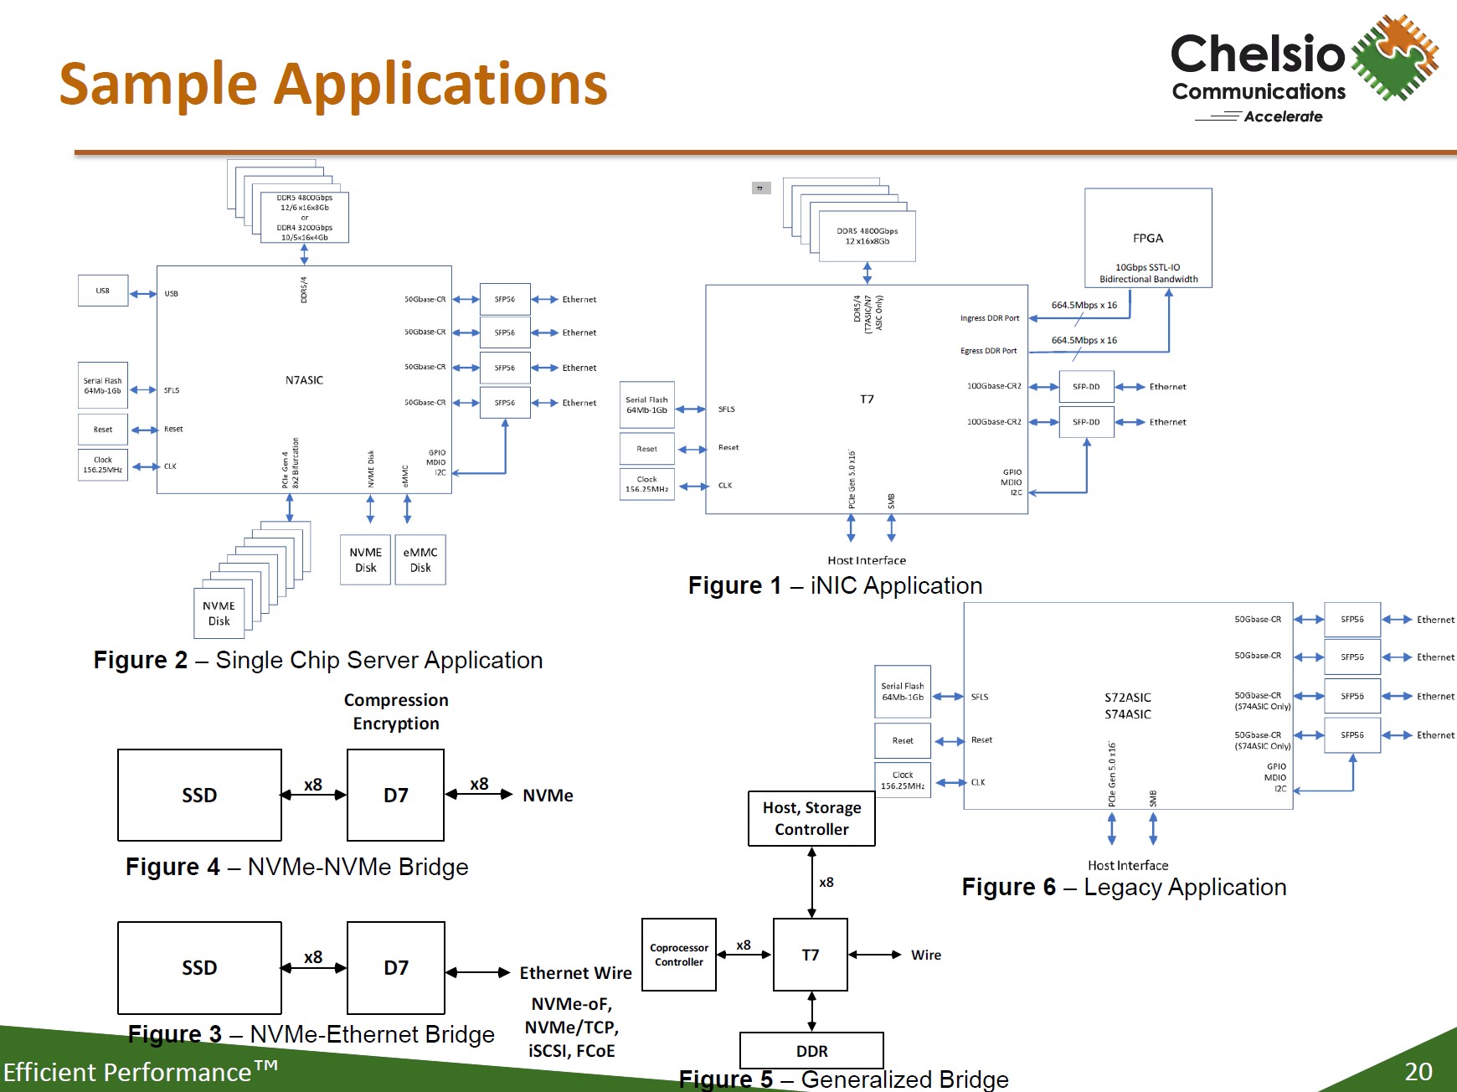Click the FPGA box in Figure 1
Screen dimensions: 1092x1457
point(1148,238)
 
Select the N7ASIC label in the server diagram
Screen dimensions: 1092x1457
point(304,380)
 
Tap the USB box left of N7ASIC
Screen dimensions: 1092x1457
point(103,291)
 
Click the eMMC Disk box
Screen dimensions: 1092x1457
point(420,560)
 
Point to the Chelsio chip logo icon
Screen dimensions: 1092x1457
point(1393,57)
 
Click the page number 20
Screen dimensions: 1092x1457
point(1418,1072)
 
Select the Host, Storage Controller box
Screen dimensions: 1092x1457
point(811,819)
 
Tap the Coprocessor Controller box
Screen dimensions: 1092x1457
point(679,955)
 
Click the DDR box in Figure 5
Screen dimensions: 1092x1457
point(811,1051)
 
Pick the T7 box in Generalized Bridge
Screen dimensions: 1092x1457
point(811,955)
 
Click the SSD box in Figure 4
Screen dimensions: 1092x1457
point(199,796)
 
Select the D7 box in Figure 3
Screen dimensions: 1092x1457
point(396,968)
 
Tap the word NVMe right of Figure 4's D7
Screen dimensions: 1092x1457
point(548,796)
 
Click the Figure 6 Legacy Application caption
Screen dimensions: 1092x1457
point(1124,887)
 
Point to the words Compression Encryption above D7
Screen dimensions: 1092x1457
point(396,712)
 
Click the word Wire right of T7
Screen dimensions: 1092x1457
point(926,955)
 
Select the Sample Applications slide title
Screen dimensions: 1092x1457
point(333,84)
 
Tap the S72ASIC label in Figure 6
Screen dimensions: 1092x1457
point(1128,698)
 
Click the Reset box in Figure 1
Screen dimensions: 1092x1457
point(646,449)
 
